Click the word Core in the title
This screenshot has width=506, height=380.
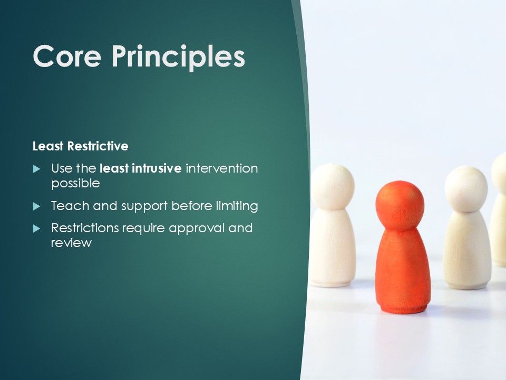pyautogui.click(x=67, y=56)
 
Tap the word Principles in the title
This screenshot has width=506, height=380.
pyautogui.click(x=179, y=58)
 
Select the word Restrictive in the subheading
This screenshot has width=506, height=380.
pyautogui.click(x=98, y=146)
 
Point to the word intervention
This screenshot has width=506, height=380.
pyautogui.click(x=222, y=168)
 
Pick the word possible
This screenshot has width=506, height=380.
pyautogui.click(x=75, y=184)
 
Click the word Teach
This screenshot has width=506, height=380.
pyautogui.click(x=70, y=206)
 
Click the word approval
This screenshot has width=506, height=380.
pyautogui.click(x=197, y=229)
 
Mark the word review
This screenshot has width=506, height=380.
pyautogui.click(x=71, y=243)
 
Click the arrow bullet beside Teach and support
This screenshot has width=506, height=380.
pyautogui.click(x=36, y=206)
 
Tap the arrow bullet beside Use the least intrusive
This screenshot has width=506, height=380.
pyautogui.click(x=36, y=169)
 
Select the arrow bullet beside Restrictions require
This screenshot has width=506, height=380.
pyautogui.click(x=36, y=229)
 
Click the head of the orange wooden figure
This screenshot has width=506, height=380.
pyautogui.click(x=400, y=206)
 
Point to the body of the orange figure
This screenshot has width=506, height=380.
pyautogui.click(x=402, y=271)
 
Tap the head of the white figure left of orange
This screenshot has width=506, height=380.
pyautogui.click(x=333, y=187)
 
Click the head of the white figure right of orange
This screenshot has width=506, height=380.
pyautogui.click(x=466, y=189)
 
